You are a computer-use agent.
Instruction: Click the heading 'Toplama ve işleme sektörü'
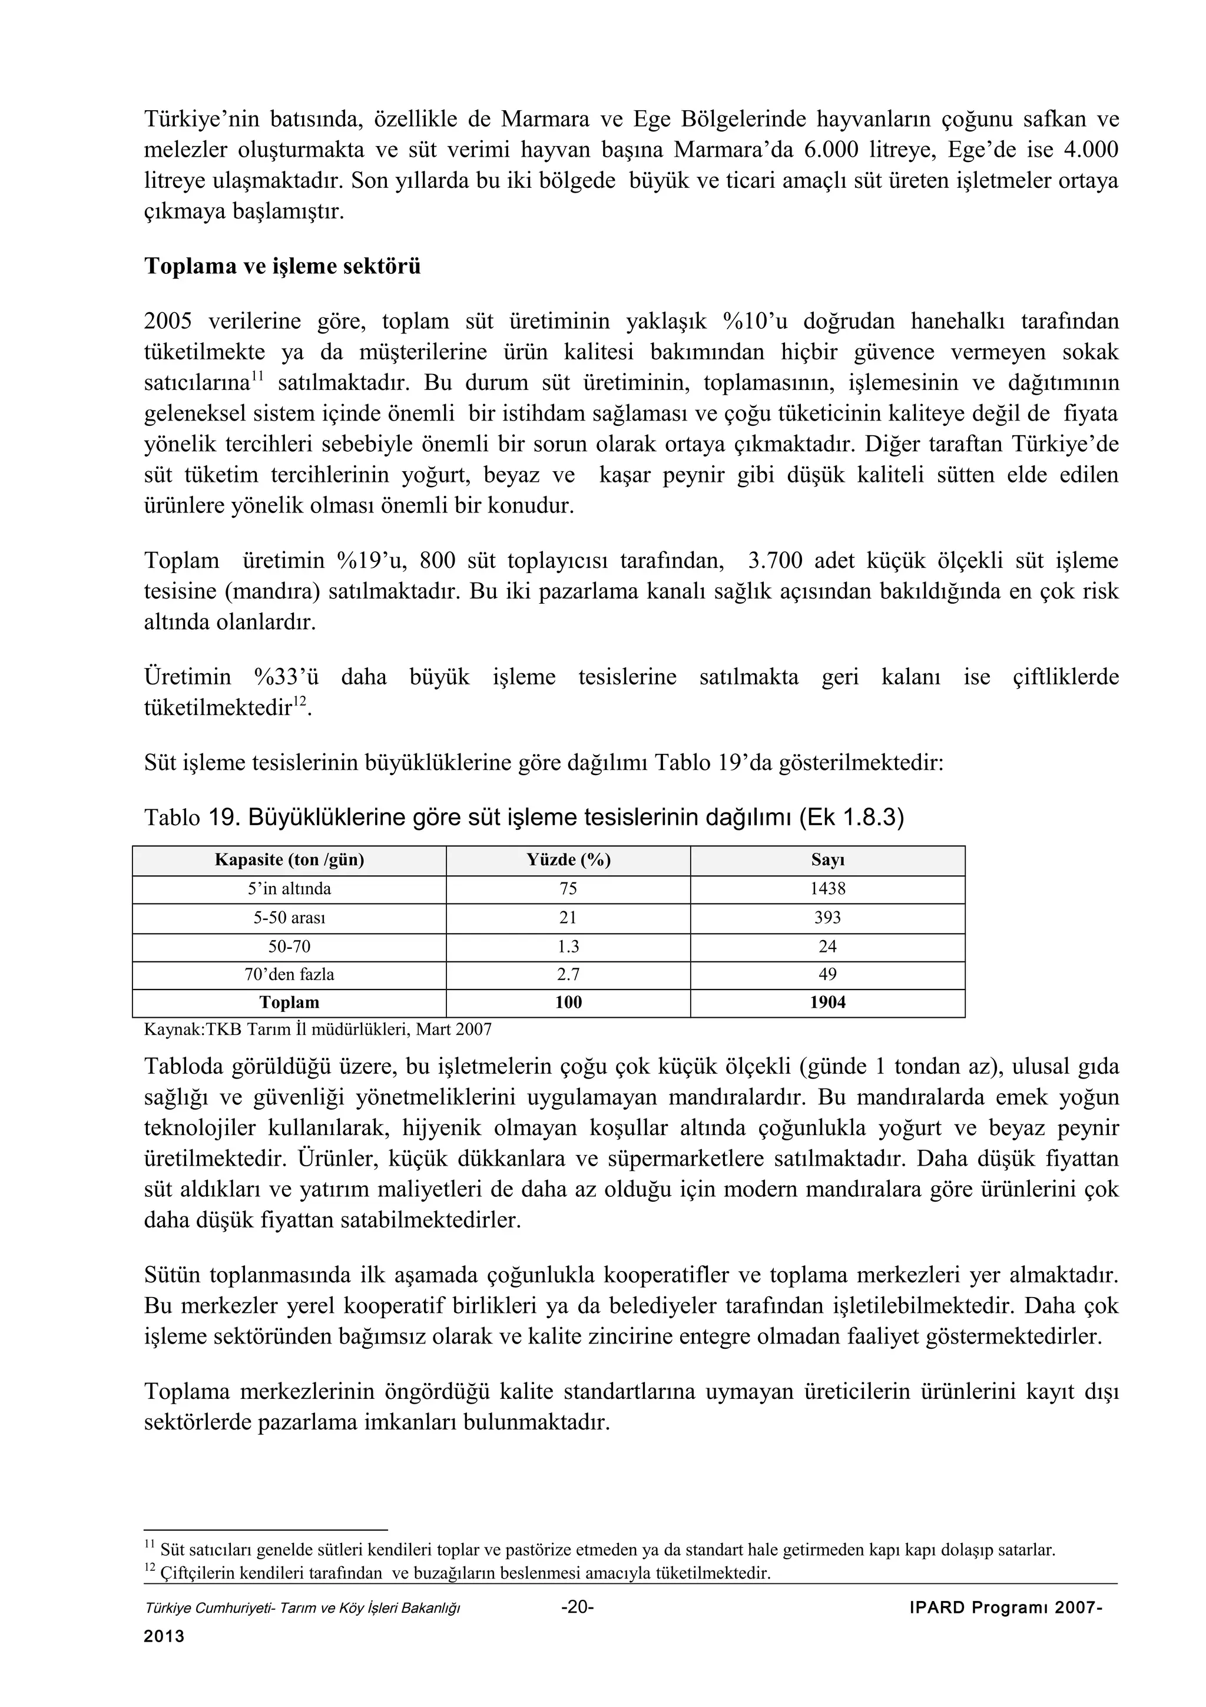click(x=283, y=266)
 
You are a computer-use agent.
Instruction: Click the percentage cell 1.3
click(x=568, y=947)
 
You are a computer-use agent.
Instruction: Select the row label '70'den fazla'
click(x=289, y=975)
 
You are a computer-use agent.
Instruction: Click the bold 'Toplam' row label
click(x=289, y=1003)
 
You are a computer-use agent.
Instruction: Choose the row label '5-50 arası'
click(x=289, y=918)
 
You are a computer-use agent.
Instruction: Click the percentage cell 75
click(x=568, y=889)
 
